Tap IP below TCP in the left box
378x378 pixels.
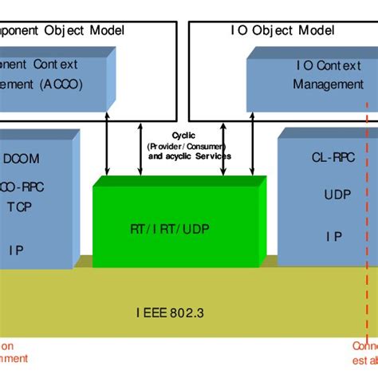[x=16, y=249]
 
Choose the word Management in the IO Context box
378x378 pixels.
[x=327, y=84]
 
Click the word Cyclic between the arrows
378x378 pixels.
[x=183, y=136]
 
